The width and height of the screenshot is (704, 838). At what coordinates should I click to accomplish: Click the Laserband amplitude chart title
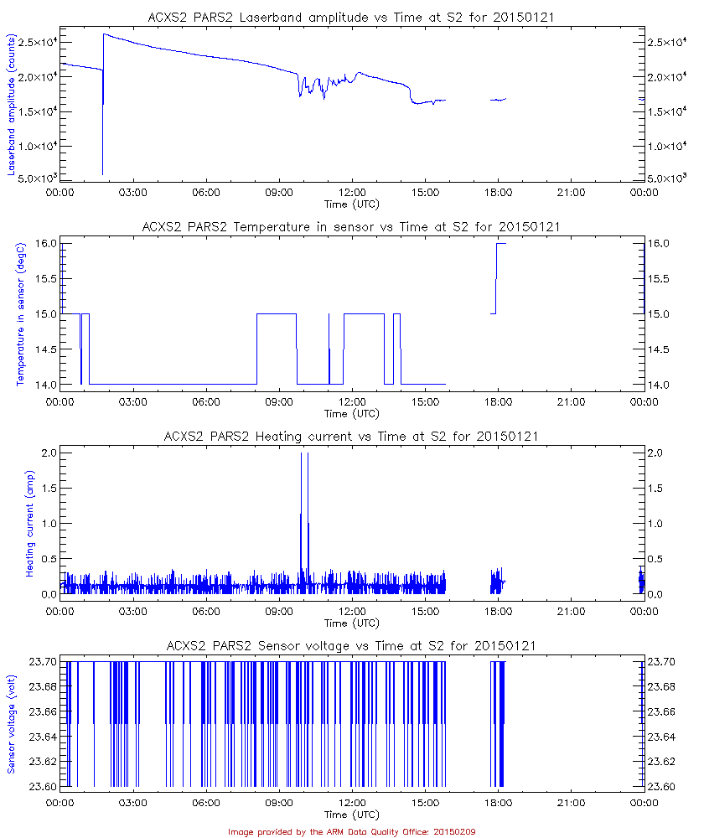pyautogui.click(x=351, y=18)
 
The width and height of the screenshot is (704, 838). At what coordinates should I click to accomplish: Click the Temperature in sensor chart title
pyautogui.click(x=351, y=227)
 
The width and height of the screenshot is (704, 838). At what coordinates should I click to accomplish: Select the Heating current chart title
pyautogui.click(x=351, y=437)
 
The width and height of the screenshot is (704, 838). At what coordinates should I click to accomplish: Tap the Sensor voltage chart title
pyautogui.click(x=351, y=646)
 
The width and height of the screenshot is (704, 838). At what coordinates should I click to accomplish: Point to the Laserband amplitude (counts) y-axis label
pyautogui.click(x=13, y=105)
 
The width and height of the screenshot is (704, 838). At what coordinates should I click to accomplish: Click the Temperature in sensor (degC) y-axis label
pyautogui.click(x=21, y=314)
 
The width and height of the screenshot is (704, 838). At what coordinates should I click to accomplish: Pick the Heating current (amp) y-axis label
pyautogui.click(x=29, y=524)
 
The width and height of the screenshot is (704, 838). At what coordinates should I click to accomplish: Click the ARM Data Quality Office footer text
pyautogui.click(x=351, y=831)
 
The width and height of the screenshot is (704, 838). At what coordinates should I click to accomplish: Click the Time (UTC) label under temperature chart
pyautogui.click(x=351, y=413)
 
